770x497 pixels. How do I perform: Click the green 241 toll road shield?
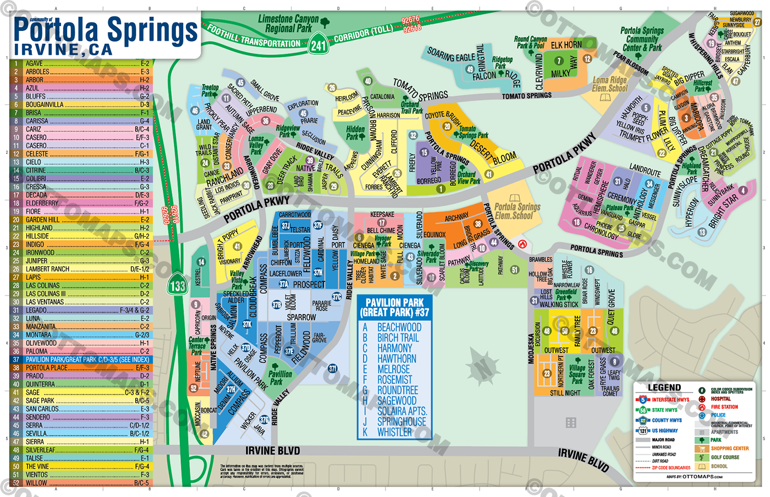319,44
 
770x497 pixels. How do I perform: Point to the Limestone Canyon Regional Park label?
288,24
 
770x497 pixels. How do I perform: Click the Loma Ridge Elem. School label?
609,84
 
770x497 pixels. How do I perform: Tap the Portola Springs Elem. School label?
517,211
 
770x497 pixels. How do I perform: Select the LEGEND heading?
664,388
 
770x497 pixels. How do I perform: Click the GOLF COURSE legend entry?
724,457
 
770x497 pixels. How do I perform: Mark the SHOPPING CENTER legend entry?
729,449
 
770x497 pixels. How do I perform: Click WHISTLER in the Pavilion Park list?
394,433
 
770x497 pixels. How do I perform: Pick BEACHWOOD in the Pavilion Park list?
399,327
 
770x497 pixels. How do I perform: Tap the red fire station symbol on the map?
522,244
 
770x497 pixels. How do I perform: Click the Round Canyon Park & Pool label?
530,42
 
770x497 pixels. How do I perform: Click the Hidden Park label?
355,132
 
